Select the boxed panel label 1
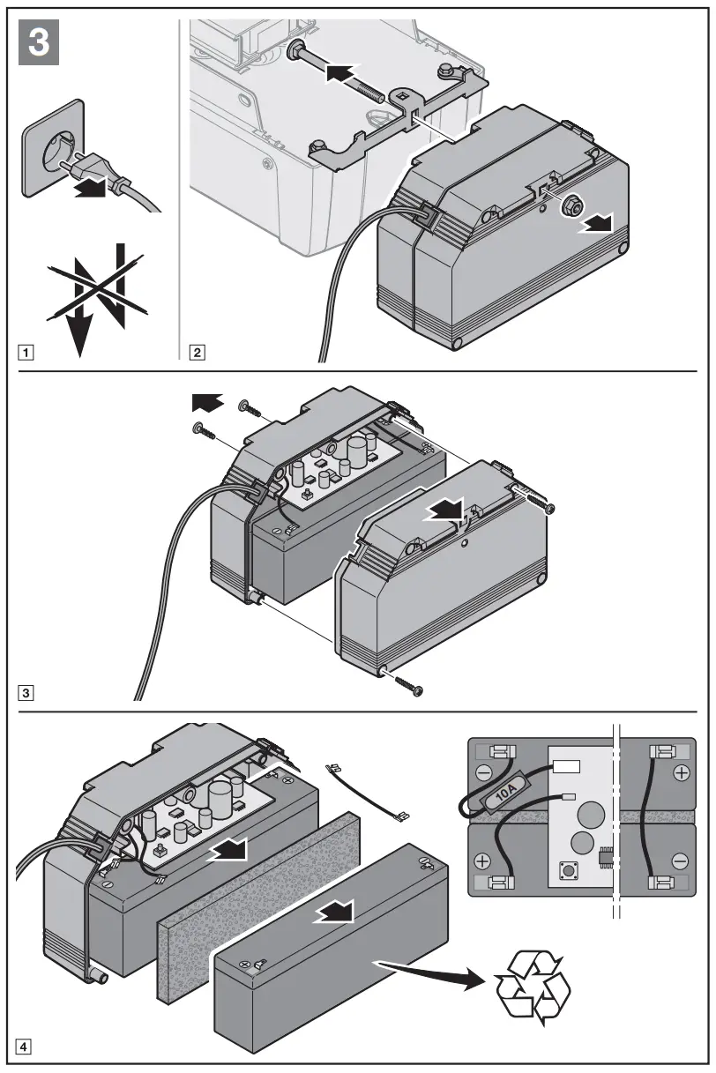(x=28, y=354)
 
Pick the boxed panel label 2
(x=197, y=354)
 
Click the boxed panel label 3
(x=28, y=692)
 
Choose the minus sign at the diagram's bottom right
(x=680, y=860)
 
